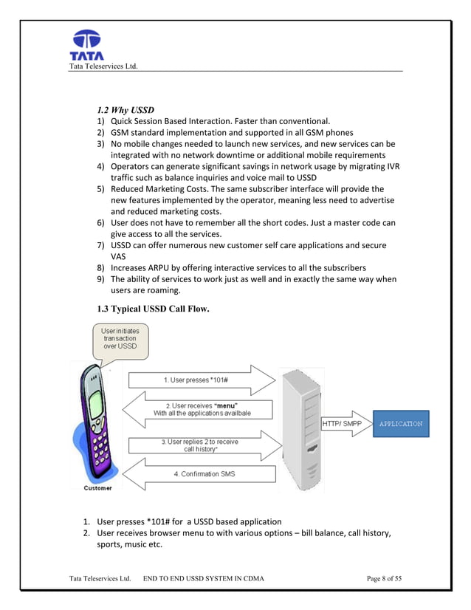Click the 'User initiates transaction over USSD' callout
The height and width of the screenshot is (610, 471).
[x=119, y=340]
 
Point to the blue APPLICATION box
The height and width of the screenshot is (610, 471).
[x=400, y=424]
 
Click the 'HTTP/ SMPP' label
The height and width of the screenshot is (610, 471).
[x=340, y=424]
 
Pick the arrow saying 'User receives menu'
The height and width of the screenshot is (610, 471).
[x=199, y=409]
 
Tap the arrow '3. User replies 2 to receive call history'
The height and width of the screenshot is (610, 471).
[x=199, y=445]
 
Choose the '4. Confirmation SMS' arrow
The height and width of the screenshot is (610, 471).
[x=199, y=473]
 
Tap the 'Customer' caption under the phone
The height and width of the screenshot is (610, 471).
[x=97, y=488]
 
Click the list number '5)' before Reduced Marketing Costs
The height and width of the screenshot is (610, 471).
[x=101, y=189]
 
